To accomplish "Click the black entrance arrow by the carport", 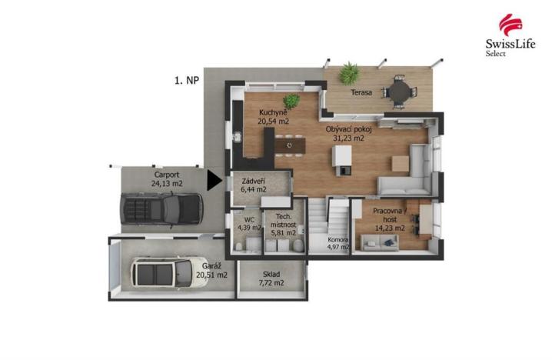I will (214, 181).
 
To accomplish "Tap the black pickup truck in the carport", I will (161, 206).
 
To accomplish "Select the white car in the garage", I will (162, 272).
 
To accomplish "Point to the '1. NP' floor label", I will (186, 78).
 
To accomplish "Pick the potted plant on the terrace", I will (349, 74).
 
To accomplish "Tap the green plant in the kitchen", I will (292, 101).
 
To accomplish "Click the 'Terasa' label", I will (361, 92).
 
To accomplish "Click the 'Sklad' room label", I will (270, 275).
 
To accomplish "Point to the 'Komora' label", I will (338, 238).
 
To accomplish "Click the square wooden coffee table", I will (401, 163).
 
